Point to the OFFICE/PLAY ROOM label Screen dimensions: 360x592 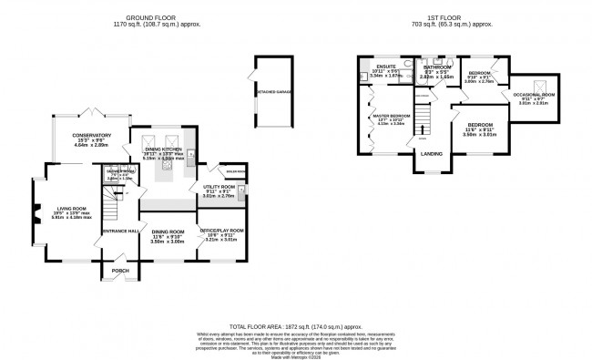(x=222, y=231)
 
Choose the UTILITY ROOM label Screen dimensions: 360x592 (x=219, y=187)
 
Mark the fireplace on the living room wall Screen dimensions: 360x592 (x=36, y=214)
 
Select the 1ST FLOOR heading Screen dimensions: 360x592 (x=453, y=15)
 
